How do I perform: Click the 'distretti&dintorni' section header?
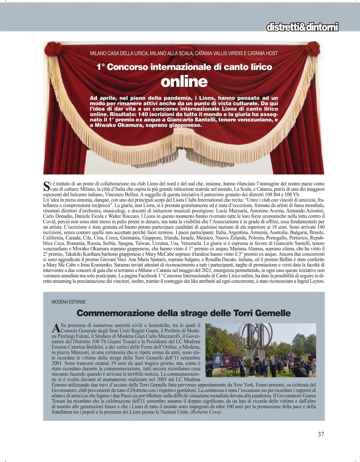coord(302,27)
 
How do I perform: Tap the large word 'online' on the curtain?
coord(184,82)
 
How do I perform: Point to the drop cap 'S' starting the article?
coord(46,186)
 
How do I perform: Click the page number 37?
coord(321,434)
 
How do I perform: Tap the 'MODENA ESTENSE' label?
coord(69,302)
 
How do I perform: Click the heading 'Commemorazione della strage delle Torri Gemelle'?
coord(184,313)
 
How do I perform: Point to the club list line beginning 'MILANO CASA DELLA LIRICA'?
coord(184,53)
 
